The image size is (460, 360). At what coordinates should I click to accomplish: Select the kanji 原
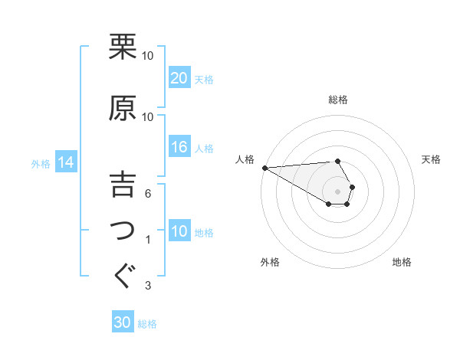point(123,108)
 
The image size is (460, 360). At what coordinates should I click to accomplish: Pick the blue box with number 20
point(179,77)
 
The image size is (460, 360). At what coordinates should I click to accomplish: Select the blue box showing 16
point(179,148)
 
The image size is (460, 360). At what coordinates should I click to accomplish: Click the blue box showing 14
point(66,162)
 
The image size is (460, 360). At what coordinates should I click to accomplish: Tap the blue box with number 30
point(123,322)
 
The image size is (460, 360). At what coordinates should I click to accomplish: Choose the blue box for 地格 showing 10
point(179,231)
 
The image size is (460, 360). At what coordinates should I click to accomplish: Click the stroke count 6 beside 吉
point(149,194)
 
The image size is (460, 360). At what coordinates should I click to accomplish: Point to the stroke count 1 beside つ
point(149,240)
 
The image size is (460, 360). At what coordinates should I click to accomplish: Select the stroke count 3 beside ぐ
point(149,286)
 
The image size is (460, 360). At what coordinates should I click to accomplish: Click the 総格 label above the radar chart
point(338,100)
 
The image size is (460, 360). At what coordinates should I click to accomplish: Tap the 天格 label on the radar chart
point(431,159)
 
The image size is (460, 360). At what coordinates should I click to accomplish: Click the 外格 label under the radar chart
point(270,262)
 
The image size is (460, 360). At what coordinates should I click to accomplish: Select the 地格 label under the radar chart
point(402,262)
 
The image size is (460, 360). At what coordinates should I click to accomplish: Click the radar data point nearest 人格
point(264,168)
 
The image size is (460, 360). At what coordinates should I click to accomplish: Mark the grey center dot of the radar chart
point(338,191)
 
